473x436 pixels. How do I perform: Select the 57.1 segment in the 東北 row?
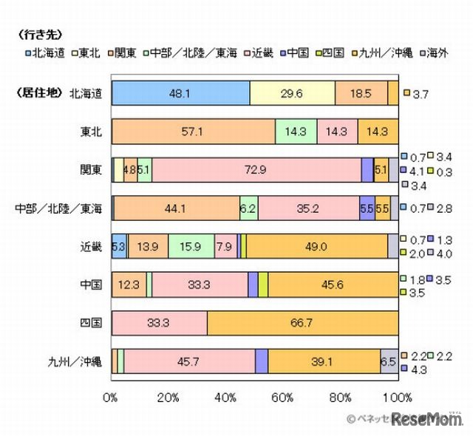(x=193, y=131)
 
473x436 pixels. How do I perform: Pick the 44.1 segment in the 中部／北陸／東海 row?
(x=177, y=208)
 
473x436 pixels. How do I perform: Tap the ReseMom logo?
(x=427, y=419)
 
